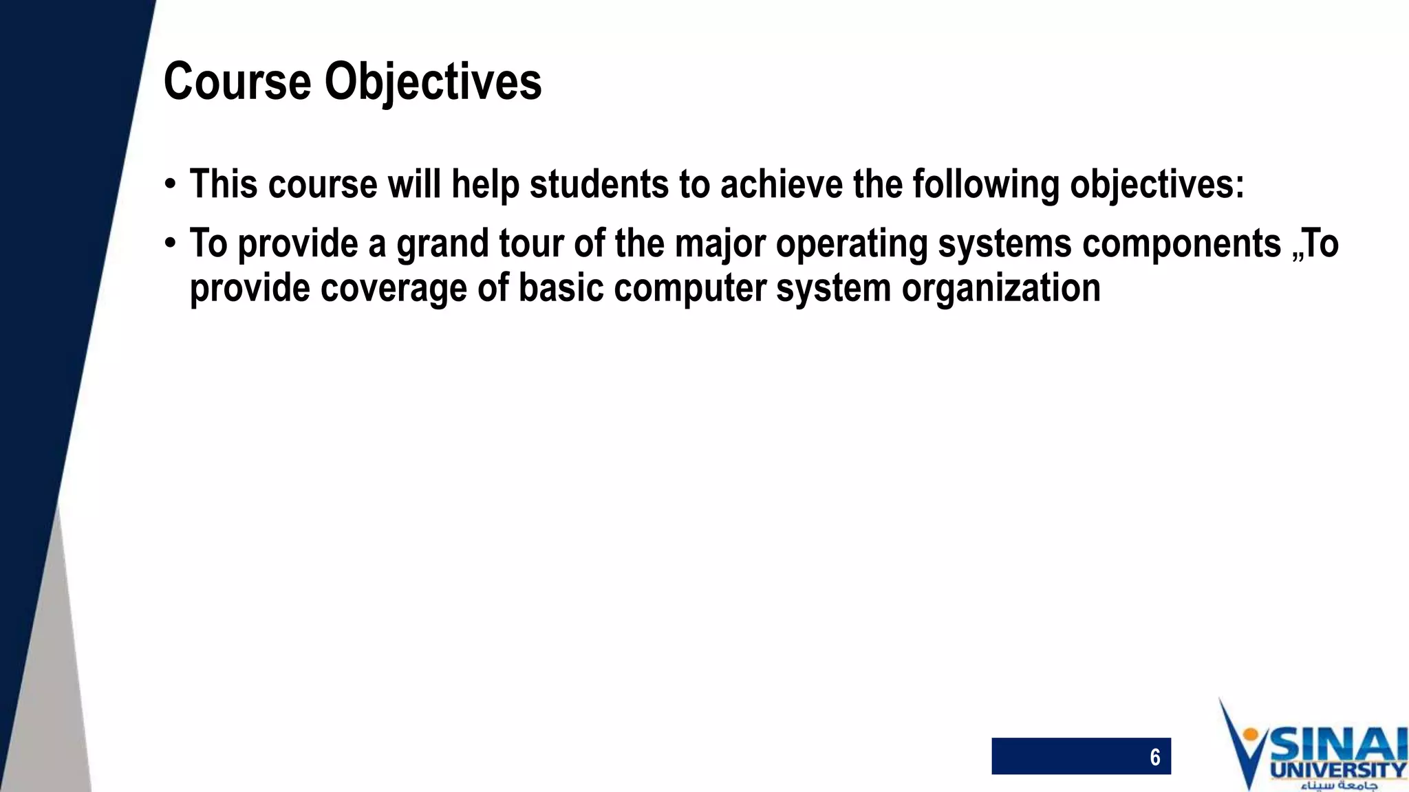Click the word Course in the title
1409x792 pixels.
[237, 82]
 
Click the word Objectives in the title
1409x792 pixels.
[433, 82]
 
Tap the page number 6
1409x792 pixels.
[1154, 757]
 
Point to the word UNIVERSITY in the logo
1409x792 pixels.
[1338, 770]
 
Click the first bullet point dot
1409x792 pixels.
[170, 185]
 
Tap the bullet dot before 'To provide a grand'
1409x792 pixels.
[170, 243]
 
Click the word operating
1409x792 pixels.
[852, 243]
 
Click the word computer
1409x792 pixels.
[690, 287]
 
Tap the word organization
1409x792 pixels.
[1001, 287]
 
